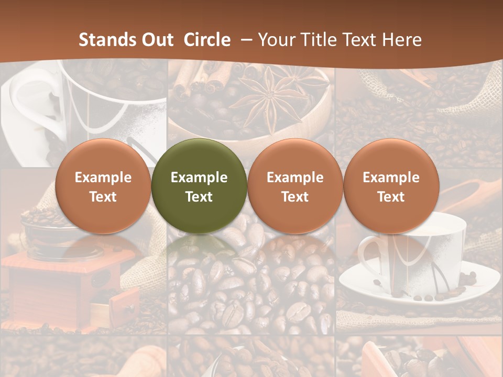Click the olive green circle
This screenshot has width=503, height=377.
(199, 186)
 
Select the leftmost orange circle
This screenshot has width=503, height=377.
(103, 186)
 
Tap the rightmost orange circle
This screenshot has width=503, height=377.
(391, 186)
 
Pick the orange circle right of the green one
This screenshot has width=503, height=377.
(295, 186)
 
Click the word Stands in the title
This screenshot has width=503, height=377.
(106, 40)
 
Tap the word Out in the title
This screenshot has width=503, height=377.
(157, 40)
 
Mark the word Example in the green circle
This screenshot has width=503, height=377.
(199, 178)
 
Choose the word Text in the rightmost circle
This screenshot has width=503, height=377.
(391, 197)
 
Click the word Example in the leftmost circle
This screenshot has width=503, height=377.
(103, 178)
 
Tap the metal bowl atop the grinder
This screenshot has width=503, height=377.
(45, 230)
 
